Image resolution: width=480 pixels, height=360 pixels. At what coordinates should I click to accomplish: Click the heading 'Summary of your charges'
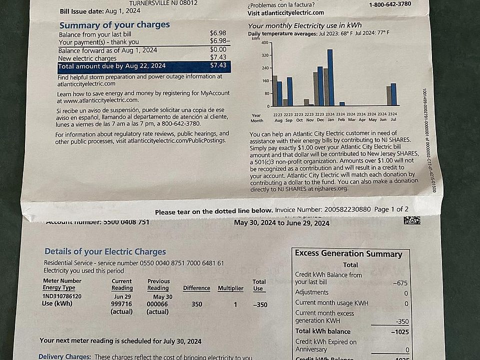[x=114, y=25]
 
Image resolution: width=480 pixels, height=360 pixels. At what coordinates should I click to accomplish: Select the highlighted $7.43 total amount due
[x=218, y=65]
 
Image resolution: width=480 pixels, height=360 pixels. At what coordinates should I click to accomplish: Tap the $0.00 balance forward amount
[x=218, y=49]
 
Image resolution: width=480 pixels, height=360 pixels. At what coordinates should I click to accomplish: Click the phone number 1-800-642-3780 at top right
[x=390, y=4]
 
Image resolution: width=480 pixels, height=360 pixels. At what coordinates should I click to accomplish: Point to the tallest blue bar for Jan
[x=330, y=77]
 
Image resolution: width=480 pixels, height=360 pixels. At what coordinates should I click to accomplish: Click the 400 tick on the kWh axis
[x=265, y=43]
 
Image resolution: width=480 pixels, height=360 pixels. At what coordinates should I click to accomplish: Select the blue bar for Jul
[x=393, y=94]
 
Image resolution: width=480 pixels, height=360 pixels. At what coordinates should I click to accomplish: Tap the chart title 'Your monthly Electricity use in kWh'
[x=305, y=25]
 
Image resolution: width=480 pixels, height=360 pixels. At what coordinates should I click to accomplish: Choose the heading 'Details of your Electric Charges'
[x=105, y=251]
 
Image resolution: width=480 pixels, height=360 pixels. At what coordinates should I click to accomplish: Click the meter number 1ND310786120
[x=62, y=296]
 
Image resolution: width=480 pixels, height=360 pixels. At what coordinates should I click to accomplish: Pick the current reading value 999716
[x=121, y=304]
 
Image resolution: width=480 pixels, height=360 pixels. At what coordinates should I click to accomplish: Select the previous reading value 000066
[x=157, y=304]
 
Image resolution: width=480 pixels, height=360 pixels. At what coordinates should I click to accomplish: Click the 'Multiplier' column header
[x=230, y=288]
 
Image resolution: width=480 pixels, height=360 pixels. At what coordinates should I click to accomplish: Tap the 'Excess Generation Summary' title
[x=348, y=253]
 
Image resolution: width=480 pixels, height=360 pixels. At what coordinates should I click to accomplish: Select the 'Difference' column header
[x=196, y=288]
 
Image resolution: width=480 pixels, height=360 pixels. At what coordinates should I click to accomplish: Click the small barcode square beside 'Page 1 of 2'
[x=412, y=219]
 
